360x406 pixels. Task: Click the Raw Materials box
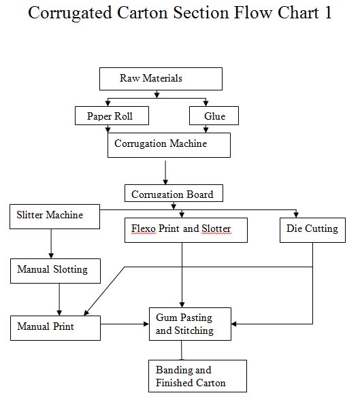click(161, 79)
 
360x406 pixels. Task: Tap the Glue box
click(215, 116)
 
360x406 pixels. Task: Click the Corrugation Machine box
click(169, 145)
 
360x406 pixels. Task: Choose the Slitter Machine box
click(54, 216)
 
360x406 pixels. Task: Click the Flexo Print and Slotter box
click(186, 230)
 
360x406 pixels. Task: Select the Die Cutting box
click(312, 230)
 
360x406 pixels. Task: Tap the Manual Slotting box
click(57, 270)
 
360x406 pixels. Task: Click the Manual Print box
click(55, 327)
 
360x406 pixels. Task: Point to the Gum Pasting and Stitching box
click(190, 324)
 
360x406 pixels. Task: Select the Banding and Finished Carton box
click(197, 376)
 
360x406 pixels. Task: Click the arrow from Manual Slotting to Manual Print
click(60, 299)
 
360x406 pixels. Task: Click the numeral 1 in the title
click(327, 13)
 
